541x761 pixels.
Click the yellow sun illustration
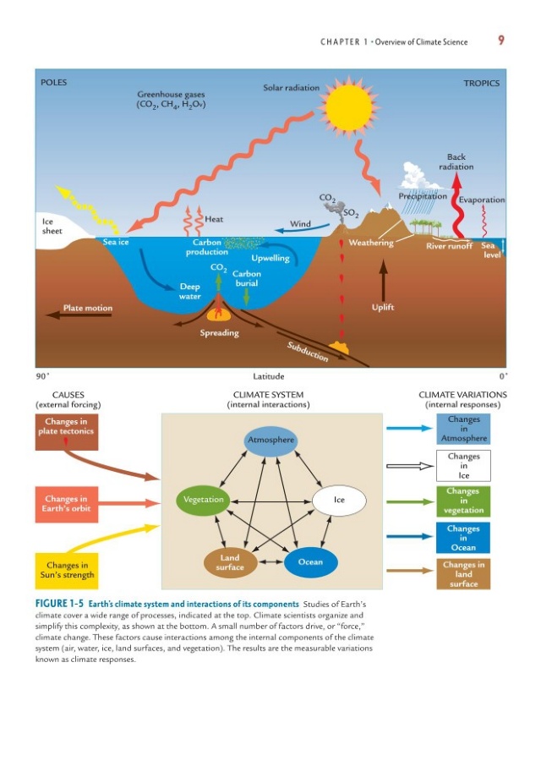[x=349, y=107]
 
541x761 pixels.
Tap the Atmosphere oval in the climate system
[x=270, y=441]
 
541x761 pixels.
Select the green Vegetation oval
[x=203, y=501]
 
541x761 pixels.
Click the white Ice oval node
[x=339, y=500]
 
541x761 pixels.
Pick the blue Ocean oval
[x=310, y=562]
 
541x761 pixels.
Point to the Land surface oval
[x=230, y=562]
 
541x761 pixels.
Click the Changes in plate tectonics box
[x=67, y=431]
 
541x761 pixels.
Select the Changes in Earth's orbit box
[x=67, y=504]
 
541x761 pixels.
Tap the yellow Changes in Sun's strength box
[x=67, y=571]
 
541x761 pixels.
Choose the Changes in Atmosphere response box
[x=463, y=429]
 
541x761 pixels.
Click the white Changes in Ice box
[x=463, y=466]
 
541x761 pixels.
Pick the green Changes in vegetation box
[x=463, y=501]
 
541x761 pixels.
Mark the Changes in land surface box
[x=463, y=575]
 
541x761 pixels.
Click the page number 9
[x=500, y=41]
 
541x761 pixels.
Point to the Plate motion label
[x=88, y=308]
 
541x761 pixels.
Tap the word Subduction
[x=308, y=352]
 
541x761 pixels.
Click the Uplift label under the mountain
[x=383, y=307]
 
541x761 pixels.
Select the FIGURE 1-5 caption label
[x=59, y=604]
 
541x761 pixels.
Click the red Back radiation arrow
[x=457, y=205]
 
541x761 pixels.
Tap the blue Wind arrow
[x=302, y=228]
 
